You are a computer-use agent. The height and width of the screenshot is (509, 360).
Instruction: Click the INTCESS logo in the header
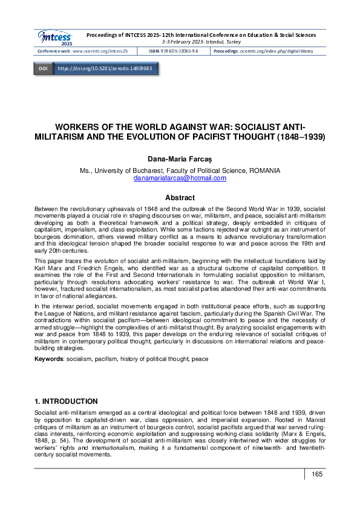pyautogui.click(x=54, y=37)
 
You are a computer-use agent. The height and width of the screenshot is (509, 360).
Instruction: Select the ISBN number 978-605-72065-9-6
pyautogui.click(x=183, y=51)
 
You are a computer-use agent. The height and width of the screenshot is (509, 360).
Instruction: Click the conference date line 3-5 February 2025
pyautogui.click(x=201, y=42)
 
